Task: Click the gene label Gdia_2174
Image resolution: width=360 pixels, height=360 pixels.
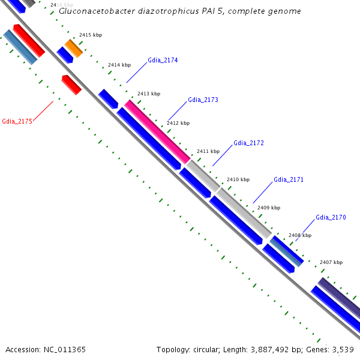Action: click(163, 61)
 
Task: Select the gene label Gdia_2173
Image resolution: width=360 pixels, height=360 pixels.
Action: click(203, 100)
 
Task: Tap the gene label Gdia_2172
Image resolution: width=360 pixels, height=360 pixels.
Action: click(248, 143)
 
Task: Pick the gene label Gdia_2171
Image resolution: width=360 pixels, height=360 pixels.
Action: click(289, 179)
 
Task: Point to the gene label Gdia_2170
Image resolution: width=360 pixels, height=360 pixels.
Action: click(331, 217)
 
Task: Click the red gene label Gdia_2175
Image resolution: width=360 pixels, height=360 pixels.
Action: click(17, 121)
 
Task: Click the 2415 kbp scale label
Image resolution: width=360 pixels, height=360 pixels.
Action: click(91, 35)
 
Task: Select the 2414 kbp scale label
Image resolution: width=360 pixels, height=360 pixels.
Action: click(119, 65)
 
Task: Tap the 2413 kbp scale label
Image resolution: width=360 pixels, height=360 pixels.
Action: click(149, 94)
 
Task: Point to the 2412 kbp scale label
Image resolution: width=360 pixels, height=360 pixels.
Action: click(178, 123)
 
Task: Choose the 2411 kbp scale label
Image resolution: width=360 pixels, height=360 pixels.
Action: click(208, 151)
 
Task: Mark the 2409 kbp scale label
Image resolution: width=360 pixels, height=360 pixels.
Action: click(269, 208)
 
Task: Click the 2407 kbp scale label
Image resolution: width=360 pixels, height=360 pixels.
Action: click(331, 262)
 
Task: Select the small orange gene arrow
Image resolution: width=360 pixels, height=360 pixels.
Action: click(74, 47)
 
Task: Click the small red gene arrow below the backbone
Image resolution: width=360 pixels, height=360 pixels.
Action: click(71, 85)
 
